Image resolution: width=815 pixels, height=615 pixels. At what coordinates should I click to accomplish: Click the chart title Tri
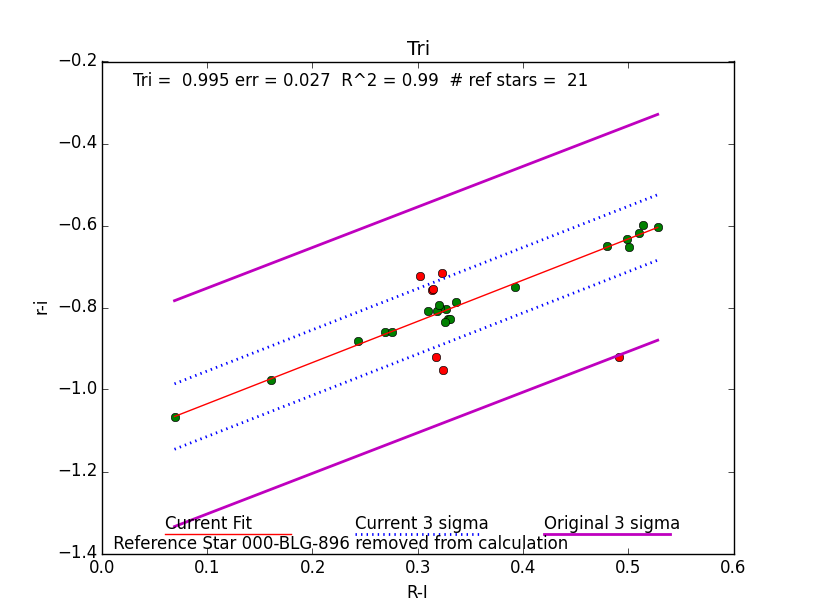418,49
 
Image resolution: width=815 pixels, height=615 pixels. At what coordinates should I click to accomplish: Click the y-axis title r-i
42,307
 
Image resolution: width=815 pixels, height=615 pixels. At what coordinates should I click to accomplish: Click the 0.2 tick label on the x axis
312,566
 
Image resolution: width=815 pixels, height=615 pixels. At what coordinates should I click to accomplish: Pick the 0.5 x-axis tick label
628,566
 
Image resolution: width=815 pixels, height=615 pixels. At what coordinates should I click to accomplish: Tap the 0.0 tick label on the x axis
102,566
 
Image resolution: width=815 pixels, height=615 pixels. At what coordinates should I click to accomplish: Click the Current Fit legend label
208,523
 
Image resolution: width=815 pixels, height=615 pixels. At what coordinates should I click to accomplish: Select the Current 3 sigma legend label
421,523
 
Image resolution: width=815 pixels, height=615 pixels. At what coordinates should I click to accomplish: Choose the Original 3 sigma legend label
611,523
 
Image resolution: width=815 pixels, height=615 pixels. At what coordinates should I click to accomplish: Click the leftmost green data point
175,417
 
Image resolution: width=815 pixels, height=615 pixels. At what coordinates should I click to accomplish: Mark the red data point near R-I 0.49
619,357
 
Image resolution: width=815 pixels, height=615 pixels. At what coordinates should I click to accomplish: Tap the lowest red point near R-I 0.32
443,370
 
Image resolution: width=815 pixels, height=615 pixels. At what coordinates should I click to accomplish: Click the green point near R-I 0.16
271,380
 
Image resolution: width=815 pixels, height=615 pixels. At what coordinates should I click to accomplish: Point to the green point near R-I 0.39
515,287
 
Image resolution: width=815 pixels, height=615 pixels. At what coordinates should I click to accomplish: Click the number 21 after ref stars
577,81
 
